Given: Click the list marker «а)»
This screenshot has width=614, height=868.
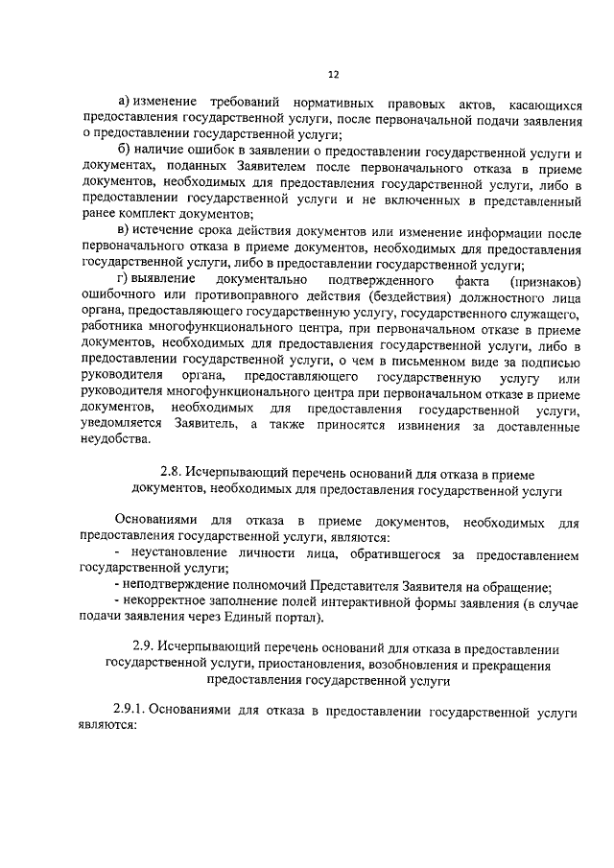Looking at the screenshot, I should (x=123, y=103).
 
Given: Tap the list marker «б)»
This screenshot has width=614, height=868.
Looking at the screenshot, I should (x=123, y=152).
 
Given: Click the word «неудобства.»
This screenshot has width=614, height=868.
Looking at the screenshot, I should (x=117, y=440).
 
